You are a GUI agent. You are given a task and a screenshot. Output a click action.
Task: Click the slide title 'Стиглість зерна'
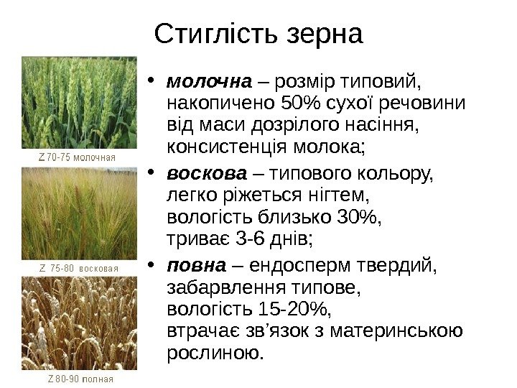coord(259,32)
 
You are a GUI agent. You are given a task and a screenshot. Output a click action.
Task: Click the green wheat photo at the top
coord(80,102)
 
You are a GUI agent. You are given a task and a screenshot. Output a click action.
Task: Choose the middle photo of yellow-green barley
coord(80,213)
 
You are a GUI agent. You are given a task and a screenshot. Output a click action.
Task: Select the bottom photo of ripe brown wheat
coord(80,323)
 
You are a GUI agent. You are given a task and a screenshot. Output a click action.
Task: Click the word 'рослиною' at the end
coord(213,353)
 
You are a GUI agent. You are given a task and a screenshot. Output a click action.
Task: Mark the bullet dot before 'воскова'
coord(155,174)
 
